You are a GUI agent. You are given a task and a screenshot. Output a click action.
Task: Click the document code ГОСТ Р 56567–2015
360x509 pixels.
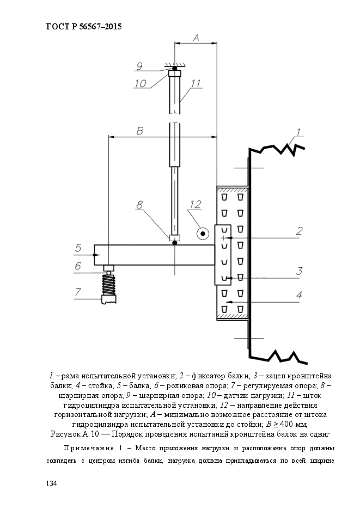point(84,27)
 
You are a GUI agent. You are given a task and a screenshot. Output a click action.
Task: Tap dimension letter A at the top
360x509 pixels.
point(196,38)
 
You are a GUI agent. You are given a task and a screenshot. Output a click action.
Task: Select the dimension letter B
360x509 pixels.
point(139,131)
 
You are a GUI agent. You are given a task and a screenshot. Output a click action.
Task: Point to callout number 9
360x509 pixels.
point(139,66)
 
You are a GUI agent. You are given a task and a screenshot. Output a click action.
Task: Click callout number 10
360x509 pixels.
point(141,83)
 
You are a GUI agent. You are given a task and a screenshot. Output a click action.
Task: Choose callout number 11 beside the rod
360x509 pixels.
point(196,83)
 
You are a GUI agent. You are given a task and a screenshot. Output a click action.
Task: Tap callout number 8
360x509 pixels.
point(139,205)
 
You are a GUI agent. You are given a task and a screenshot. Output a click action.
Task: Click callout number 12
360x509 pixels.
point(196,205)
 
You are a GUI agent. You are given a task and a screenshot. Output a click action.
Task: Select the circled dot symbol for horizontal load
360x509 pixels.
point(203,234)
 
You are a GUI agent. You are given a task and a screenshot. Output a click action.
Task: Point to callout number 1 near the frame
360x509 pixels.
point(298,132)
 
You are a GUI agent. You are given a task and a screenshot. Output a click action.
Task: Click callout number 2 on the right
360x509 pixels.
point(299,231)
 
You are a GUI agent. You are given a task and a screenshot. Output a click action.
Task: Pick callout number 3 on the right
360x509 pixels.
point(299,271)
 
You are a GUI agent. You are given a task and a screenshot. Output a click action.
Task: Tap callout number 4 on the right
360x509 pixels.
point(299,295)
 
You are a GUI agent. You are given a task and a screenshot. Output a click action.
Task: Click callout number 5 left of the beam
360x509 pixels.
point(78,248)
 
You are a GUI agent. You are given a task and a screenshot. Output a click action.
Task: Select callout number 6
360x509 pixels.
point(78,266)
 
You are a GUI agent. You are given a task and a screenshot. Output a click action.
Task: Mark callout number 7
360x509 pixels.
point(78,292)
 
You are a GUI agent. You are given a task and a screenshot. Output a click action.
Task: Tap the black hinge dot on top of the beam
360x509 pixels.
point(175,243)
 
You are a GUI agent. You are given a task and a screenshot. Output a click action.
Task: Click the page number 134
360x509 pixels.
point(52,483)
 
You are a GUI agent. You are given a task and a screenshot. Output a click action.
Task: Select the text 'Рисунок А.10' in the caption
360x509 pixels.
point(75,434)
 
